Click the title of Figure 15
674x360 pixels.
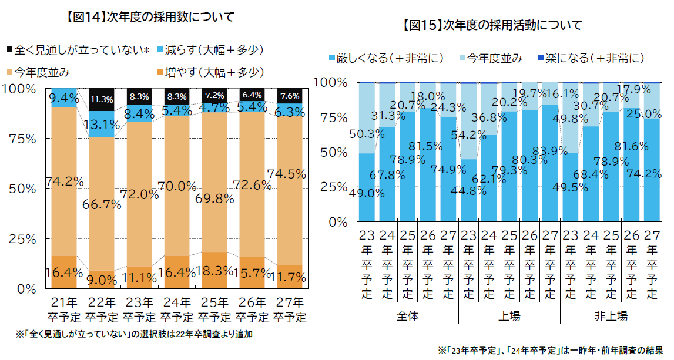click(492, 25)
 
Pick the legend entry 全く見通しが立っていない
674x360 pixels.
click(79, 50)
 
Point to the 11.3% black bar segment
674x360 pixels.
click(102, 99)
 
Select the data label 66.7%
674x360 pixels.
click(102, 205)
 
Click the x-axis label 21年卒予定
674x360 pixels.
click(64, 310)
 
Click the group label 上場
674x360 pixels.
click(509, 316)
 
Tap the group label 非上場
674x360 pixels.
click(611, 316)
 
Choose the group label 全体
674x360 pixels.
click(407, 316)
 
